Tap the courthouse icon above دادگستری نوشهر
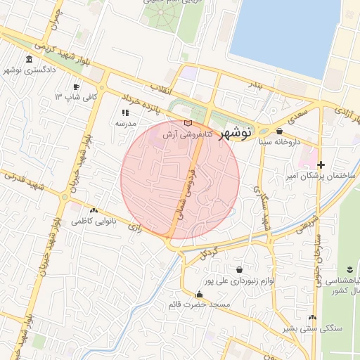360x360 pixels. point(29,59)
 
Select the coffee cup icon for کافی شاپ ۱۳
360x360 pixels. point(76,86)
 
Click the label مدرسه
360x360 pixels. point(125,123)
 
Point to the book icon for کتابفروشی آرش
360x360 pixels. point(188,123)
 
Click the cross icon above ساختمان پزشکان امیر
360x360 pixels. point(321,164)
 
